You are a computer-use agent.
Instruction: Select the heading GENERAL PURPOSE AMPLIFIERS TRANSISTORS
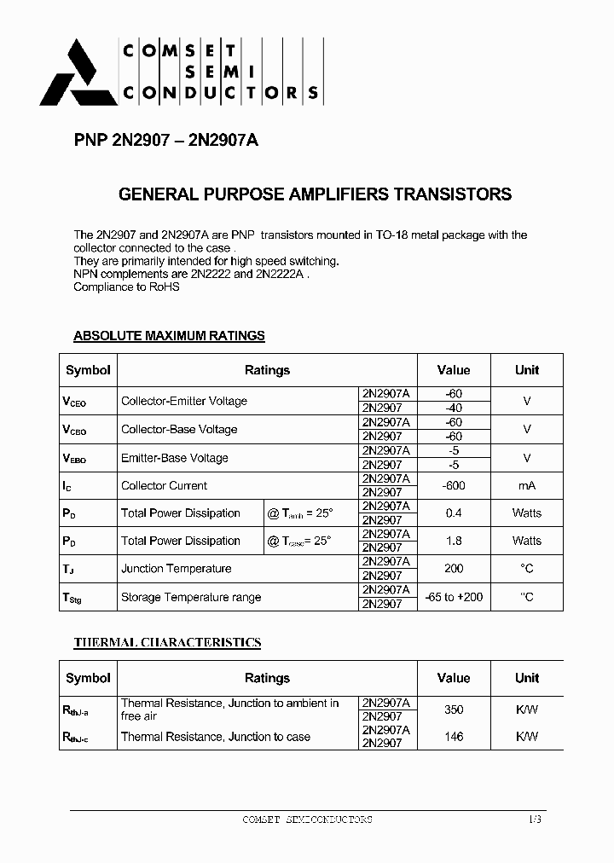click(315, 194)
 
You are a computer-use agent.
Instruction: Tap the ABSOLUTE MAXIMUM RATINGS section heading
click(169, 336)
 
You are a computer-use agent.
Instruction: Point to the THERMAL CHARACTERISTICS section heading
click(167, 642)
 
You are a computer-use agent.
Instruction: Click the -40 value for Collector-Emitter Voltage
click(453, 408)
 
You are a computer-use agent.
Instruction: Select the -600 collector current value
click(453, 485)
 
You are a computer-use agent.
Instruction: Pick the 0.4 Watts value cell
click(453, 513)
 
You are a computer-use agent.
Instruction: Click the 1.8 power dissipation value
click(453, 541)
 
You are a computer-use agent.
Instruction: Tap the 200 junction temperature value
click(453, 569)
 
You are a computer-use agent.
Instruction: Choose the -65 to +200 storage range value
click(453, 597)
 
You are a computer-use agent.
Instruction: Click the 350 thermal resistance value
click(453, 710)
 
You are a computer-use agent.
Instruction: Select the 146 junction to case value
click(453, 737)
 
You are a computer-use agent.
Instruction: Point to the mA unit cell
click(527, 485)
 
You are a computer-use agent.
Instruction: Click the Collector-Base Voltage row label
click(179, 430)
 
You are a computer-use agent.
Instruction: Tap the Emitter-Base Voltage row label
click(175, 458)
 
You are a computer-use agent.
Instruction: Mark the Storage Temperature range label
click(191, 597)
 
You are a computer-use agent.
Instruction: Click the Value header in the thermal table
click(453, 678)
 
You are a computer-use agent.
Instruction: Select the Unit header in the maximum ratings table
click(527, 370)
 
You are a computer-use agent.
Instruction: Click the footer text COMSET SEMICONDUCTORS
click(307, 820)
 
